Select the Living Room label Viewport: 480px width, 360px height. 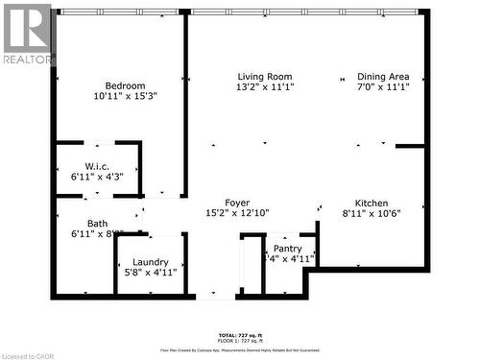[265, 77]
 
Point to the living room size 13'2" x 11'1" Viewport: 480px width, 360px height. [265, 87]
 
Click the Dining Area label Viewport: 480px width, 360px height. [383, 77]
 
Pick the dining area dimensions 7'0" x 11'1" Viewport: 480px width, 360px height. [383, 87]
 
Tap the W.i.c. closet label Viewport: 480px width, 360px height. [97, 165]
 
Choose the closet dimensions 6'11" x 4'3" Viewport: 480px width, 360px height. [97, 177]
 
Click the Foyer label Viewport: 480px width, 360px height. [237, 203]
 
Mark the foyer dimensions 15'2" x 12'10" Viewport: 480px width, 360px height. [237, 213]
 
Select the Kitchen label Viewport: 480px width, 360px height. [372, 204]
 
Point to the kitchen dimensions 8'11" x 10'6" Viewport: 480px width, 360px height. [372, 214]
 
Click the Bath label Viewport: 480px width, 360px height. [97, 223]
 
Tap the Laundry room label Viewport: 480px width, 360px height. [151, 262]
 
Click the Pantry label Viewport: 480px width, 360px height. [287, 249]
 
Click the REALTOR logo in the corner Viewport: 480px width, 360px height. [27, 35]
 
